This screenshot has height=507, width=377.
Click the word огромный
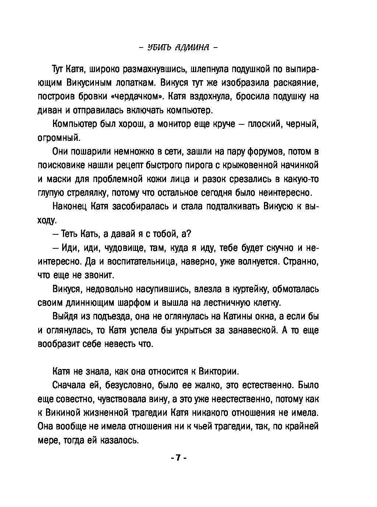click(x=59, y=138)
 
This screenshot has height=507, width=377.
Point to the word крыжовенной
click(x=250, y=165)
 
